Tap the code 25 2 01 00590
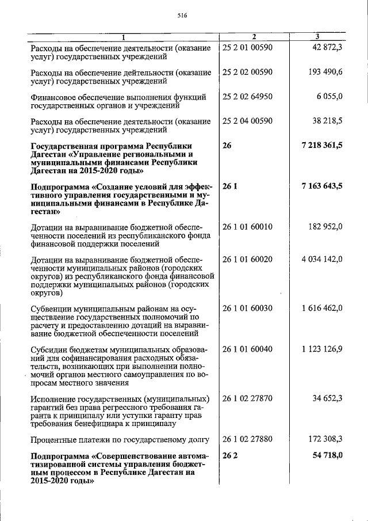click(x=247, y=47)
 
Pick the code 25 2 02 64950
click(x=247, y=97)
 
